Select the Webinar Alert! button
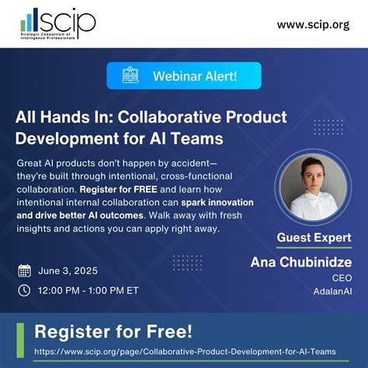point(183,75)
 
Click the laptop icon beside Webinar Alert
point(131,75)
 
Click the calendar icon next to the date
point(25,271)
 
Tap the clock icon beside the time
point(25,290)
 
